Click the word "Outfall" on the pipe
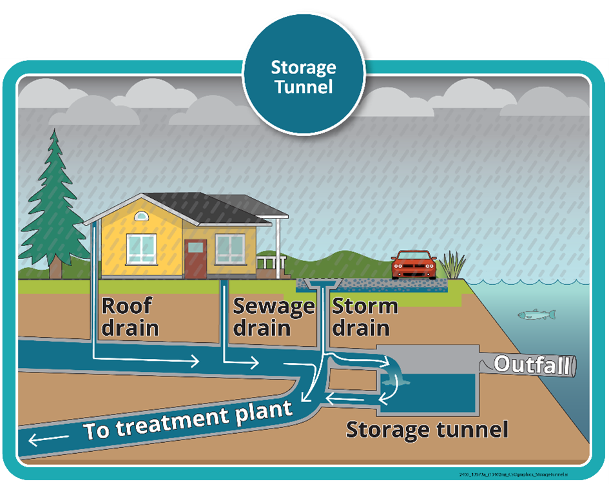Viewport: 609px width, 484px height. click(532, 365)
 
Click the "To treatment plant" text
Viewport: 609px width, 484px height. click(188, 420)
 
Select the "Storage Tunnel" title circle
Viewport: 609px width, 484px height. click(304, 77)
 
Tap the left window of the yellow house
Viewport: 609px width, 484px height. click(141, 249)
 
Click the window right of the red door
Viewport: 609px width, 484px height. click(229, 249)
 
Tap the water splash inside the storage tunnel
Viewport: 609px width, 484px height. click(392, 381)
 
